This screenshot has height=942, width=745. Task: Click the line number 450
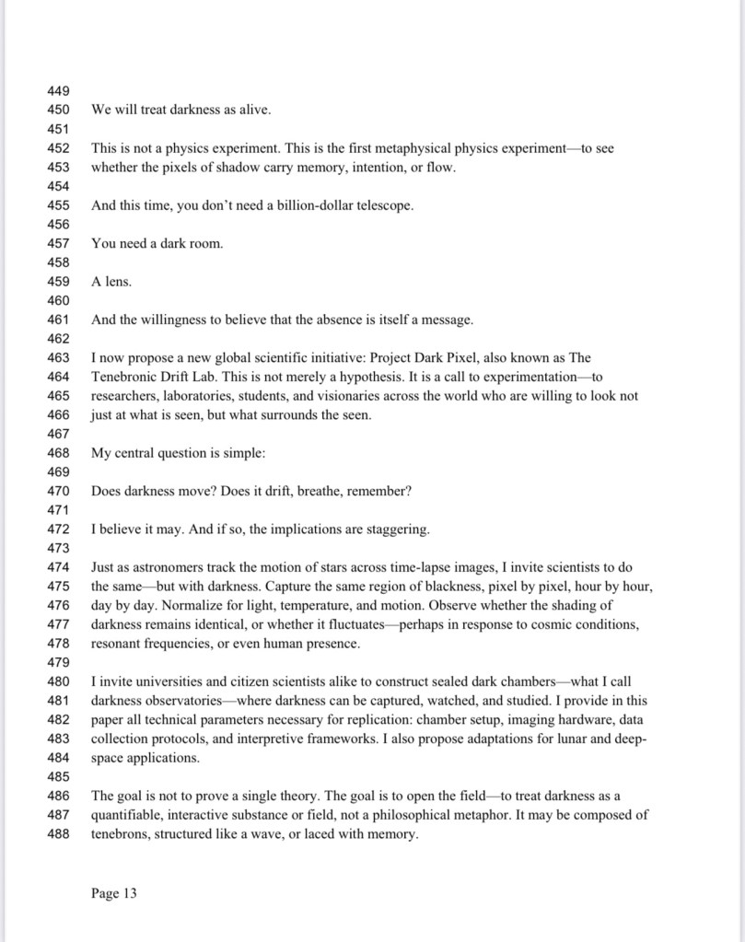58,110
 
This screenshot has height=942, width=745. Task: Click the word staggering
397,529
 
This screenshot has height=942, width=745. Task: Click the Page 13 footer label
114,893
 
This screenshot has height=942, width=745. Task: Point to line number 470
58,491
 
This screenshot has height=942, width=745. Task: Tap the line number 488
58,834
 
